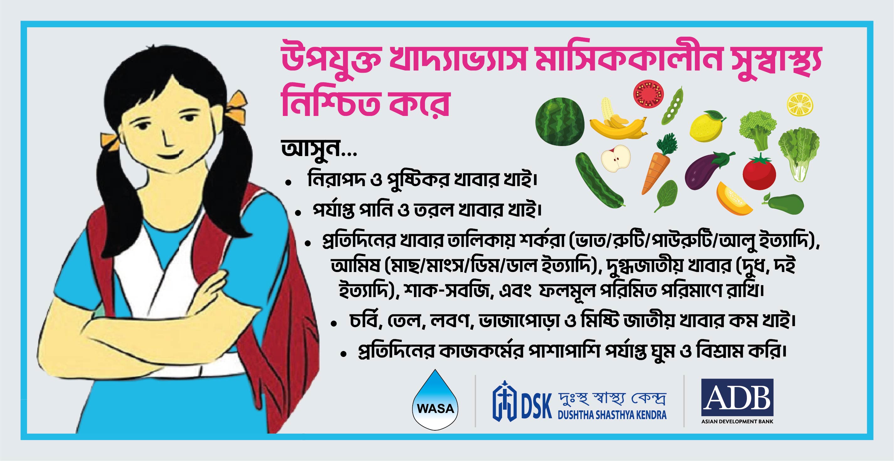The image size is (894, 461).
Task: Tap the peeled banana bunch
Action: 617,120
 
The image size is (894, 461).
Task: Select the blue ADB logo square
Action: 737,397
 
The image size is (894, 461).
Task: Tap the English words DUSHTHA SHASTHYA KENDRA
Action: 612,415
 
